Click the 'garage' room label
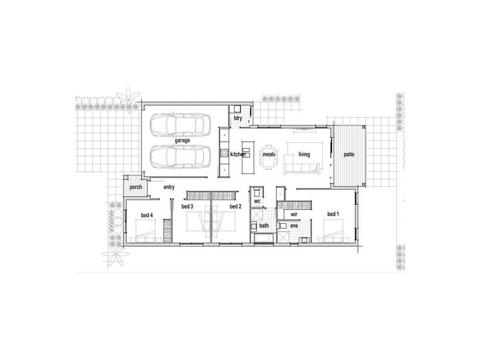point(182,140)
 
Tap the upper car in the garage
point(178,125)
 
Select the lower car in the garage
point(178,157)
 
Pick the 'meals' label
point(268,155)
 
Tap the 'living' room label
point(304,155)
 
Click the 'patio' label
point(349,155)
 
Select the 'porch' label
point(136,187)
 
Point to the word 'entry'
point(169,187)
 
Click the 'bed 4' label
point(147,215)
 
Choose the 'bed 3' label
point(187,206)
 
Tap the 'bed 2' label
point(235,206)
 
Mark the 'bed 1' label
point(333,214)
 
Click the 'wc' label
point(257,202)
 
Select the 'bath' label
point(263,226)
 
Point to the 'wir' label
point(294,214)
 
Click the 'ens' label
point(293,226)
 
